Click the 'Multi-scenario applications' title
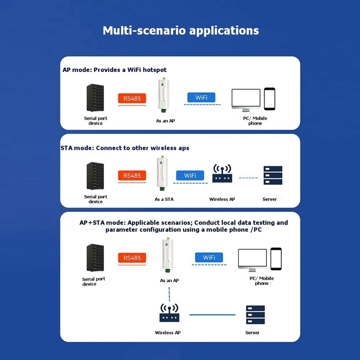[181, 31]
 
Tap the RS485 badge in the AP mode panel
[132, 98]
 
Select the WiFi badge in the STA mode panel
[190, 175]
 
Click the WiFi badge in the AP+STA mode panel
[209, 257]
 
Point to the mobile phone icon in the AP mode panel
[270, 99]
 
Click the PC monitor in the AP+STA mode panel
[252, 260]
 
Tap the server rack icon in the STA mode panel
[273, 175]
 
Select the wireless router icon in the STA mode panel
[222, 173]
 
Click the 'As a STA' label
[164, 199]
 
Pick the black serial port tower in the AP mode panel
[95, 98]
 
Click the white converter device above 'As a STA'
[162, 173]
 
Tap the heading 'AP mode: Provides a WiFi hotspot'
[115, 70]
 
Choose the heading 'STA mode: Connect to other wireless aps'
[125, 148]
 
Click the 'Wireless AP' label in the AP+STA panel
[167, 333]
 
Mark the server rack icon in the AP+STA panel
[255, 315]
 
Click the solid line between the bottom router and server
[212, 315]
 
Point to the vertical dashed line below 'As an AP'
[170, 294]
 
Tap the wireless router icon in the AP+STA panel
[170, 313]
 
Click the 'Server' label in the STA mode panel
[270, 199]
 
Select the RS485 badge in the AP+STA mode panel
[132, 258]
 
